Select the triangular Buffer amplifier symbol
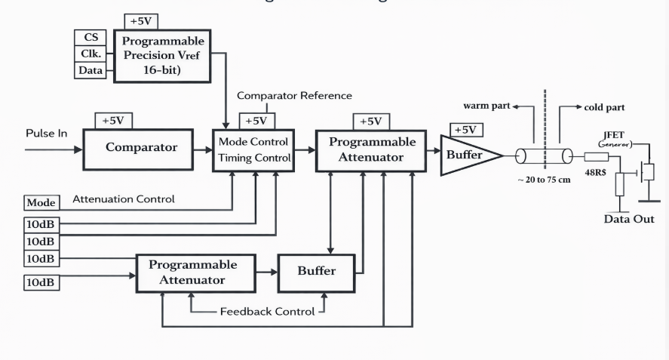point(465,155)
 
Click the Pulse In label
point(47,134)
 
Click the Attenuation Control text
point(124,200)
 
